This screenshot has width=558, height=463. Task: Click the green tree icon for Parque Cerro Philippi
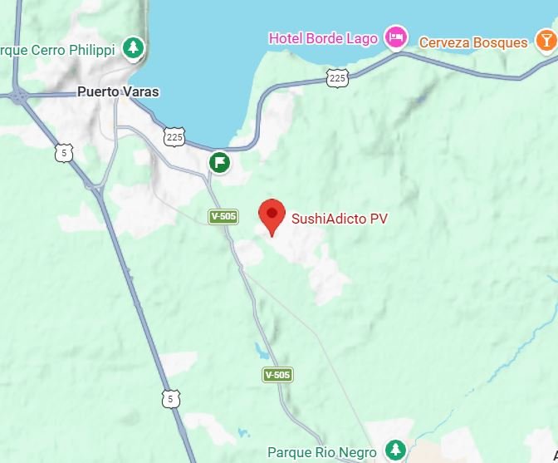point(133,48)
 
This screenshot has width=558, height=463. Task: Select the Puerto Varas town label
point(118,91)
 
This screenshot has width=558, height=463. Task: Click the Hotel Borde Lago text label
point(323,38)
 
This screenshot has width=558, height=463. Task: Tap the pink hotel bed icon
point(396,37)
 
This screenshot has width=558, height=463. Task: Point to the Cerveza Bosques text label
point(472,42)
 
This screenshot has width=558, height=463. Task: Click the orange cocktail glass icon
point(546,41)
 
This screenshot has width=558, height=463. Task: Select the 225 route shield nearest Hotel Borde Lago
point(336,78)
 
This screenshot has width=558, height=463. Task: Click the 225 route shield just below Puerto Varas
point(174,137)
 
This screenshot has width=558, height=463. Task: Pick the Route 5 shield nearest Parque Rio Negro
point(170,399)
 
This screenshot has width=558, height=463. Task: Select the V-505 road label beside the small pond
point(277,375)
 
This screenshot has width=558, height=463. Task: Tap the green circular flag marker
point(219,162)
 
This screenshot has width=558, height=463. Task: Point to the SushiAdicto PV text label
point(339,219)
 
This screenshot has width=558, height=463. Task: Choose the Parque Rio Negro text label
point(321,453)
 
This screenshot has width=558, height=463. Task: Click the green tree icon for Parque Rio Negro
point(396,451)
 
